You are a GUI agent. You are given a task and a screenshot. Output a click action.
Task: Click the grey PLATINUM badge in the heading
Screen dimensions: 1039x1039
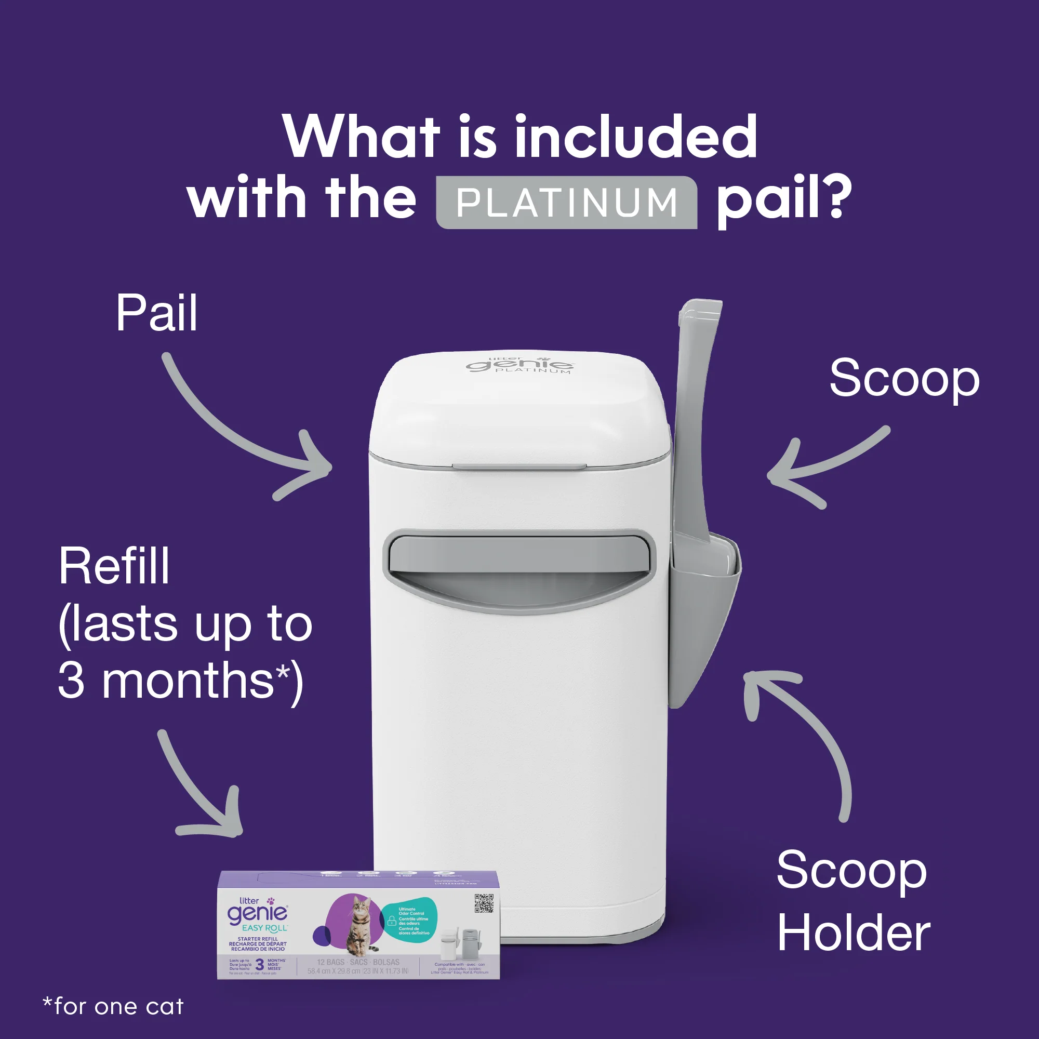point(566,203)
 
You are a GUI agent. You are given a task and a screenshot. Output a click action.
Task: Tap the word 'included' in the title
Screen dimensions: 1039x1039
point(636,138)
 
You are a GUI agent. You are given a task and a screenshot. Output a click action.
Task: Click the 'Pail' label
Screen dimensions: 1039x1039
point(156,314)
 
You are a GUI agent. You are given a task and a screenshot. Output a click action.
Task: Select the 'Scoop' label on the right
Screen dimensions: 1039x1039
point(904,379)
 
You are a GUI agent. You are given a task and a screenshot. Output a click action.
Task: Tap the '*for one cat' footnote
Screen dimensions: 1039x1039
point(113,1007)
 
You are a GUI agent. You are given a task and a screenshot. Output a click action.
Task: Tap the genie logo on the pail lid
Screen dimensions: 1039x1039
point(519,365)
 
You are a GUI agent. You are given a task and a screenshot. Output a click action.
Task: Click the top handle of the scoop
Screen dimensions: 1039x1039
point(699,317)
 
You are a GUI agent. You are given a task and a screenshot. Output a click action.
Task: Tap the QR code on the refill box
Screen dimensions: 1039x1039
point(484,903)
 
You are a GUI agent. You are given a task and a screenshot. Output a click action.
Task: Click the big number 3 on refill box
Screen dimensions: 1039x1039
point(260,964)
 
